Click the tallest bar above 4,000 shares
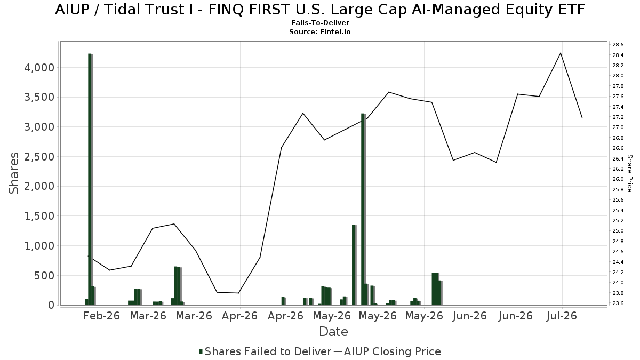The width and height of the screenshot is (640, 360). point(90,179)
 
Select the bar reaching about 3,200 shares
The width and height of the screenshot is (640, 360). point(363,210)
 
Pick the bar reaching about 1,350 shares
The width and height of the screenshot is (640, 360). point(354,265)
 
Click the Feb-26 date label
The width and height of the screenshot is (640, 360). point(102,316)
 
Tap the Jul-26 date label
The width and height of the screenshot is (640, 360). point(562,316)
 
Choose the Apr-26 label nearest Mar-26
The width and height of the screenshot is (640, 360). point(239,316)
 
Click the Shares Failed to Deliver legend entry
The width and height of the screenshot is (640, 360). point(265,351)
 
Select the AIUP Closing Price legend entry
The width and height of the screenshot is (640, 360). point(387,351)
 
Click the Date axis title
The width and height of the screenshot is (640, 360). point(333,332)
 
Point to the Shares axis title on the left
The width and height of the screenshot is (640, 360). point(13,173)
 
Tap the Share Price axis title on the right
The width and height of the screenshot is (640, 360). point(629,173)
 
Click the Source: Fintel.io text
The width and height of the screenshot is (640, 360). point(320,31)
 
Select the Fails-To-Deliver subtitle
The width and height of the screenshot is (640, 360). point(320,22)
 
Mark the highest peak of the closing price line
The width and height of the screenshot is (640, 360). point(561,53)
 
